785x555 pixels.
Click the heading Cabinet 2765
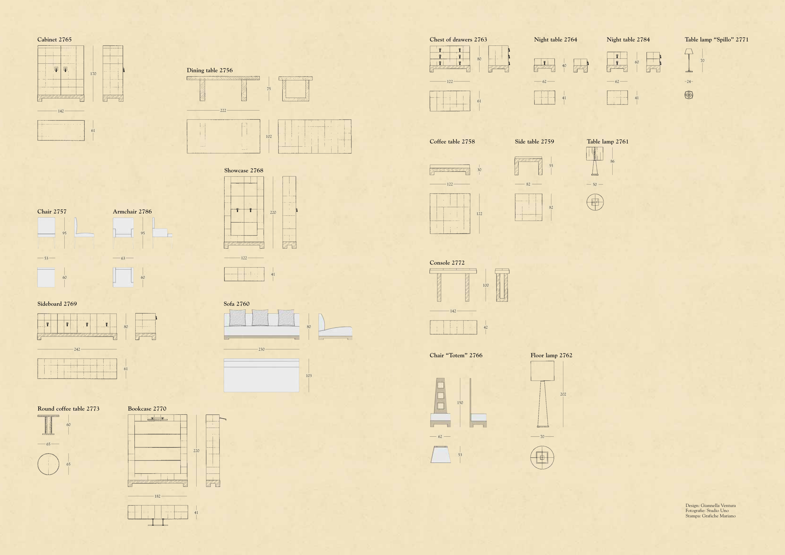tap(54, 39)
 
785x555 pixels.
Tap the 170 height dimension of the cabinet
tap(93, 74)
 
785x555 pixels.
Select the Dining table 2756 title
tap(209, 70)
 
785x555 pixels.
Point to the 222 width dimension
tap(223, 110)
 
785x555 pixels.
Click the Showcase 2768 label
tap(244, 170)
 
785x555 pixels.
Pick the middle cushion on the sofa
tap(260, 317)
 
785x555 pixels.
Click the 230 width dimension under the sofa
tap(262, 349)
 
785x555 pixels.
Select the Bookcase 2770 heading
tap(147, 408)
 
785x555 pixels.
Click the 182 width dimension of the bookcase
tap(157, 496)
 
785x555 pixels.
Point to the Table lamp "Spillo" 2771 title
tap(716, 39)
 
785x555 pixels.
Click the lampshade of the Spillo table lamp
tap(689, 51)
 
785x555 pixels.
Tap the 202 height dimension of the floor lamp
tap(563, 394)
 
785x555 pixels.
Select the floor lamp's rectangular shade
tap(542, 371)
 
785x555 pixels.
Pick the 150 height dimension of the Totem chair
tap(460, 402)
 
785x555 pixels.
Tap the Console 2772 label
tap(447, 262)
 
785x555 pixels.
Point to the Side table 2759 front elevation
tap(528, 166)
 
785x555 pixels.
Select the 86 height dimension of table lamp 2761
tap(612, 161)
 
